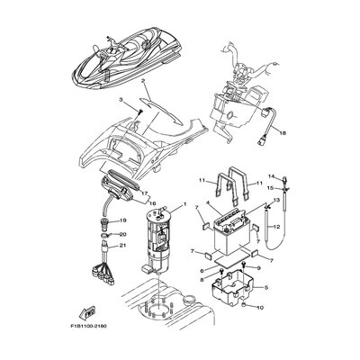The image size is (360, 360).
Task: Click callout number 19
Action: point(124,220)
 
